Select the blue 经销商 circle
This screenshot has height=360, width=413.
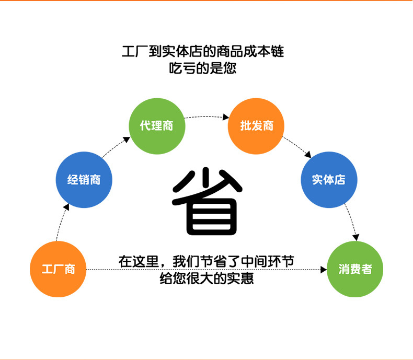(x=84, y=180)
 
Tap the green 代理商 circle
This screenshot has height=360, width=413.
(x=157, y=126)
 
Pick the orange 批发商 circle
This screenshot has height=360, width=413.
(x=256, y=126)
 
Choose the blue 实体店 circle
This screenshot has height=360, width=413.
(x=329, y=180)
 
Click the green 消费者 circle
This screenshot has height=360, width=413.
(x=355, y=269)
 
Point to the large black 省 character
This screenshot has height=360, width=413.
(x=207, y=201)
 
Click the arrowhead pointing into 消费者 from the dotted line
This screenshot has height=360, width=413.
(x=323, y=270)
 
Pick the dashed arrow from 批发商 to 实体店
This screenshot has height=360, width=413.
(x=297, y=147)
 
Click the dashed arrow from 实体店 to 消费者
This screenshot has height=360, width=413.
(x=351, y=222)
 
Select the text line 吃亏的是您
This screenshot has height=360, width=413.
(x=203, y=68)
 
